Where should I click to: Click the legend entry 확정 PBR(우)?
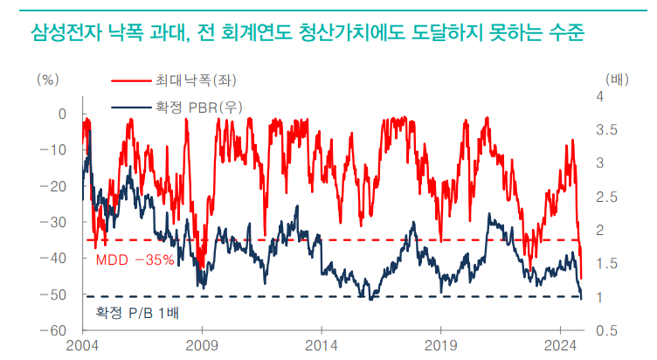199,107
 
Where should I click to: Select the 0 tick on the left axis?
62,114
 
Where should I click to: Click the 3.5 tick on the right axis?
606,130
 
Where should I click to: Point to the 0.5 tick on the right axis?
606,330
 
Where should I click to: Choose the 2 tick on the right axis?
600,230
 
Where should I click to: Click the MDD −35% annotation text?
135,260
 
